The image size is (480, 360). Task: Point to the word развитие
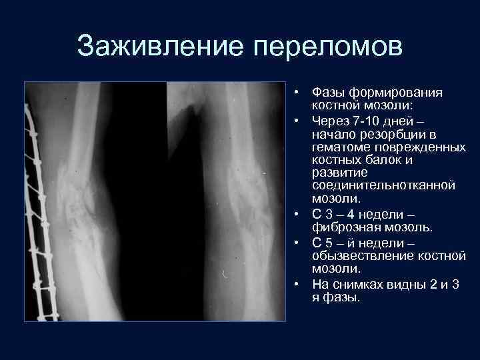click(337, 173)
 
